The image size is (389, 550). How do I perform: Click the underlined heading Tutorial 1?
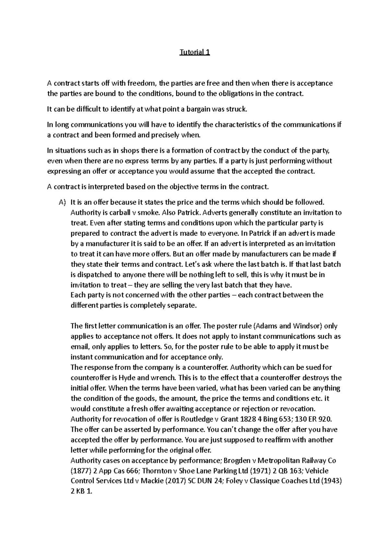pos(195,52)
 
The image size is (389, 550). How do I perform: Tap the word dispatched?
pos(93,275)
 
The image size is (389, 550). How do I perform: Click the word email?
pos(79,347)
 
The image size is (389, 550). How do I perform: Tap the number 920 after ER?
pos(324,419)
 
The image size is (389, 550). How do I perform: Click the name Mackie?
pos(152,481)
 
